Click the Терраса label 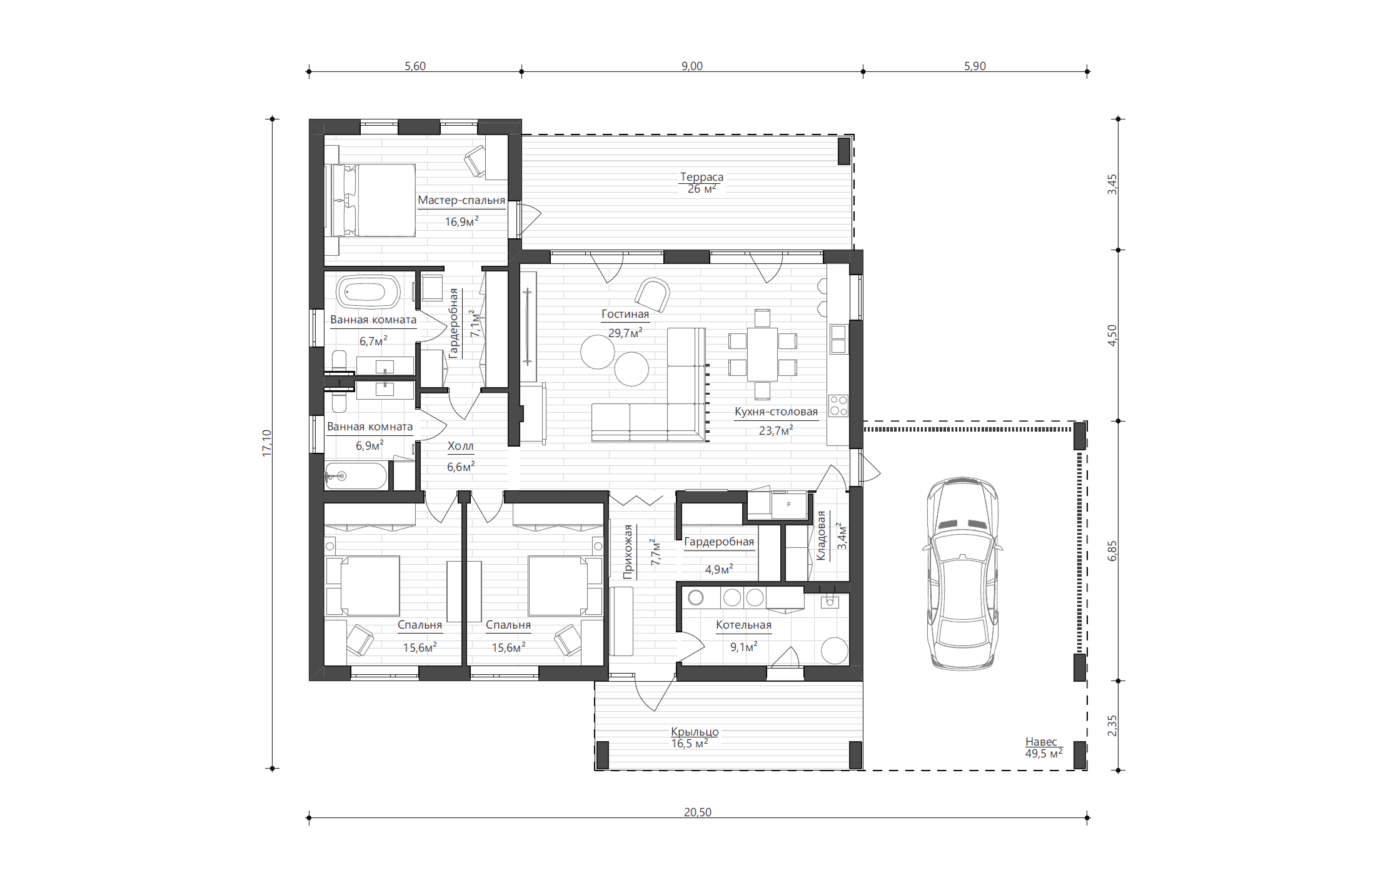tap(702, 177)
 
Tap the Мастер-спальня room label tap(461, 200)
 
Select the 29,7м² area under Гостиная tap(625, 333)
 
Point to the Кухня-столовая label tap(776, 412)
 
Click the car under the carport tap(962, 574)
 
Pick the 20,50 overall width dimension tap(698, 812)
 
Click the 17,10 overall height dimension tap(267, 443)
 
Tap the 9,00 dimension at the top tap(692, 66)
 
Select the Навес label tap(1041, 742)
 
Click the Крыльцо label tap(695, 732)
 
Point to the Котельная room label tap(743, 625)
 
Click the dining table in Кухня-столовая tap(762, 354)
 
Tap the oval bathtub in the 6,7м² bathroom tap(369, 292)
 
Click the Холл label tap(461, 446)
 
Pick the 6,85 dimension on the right tap(1112, 551)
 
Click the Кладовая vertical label tap(821, 536)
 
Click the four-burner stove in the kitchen tap(838, 406)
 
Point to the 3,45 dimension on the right tap(1112, 185)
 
